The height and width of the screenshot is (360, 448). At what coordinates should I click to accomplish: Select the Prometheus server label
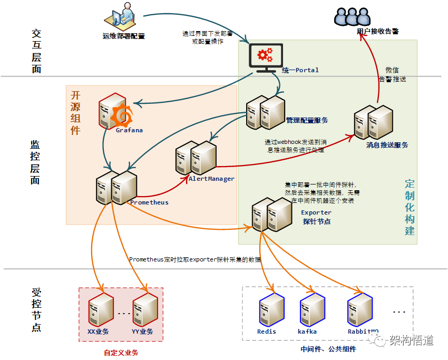click(149, 202)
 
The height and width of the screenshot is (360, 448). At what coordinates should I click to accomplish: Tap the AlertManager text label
click(211, 179)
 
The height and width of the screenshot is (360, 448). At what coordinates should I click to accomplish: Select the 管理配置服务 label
click(307, 120)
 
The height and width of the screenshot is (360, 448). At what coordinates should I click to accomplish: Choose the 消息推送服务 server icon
click(373, 122)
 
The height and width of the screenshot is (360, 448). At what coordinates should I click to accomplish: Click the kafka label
click(307, 332)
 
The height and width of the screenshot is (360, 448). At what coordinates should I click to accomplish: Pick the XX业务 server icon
click(100, 310)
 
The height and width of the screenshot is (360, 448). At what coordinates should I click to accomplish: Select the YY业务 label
click(142, 332)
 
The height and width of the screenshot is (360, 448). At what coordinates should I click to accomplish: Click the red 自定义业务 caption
click(121, 352)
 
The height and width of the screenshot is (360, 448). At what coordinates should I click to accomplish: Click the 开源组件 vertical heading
click(75, 112)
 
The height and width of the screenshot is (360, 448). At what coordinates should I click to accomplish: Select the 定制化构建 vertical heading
click(410, 207)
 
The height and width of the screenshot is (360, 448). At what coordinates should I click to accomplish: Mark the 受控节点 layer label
click(36, 310)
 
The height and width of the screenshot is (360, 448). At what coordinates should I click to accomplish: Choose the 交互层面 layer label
click(36, 51)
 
